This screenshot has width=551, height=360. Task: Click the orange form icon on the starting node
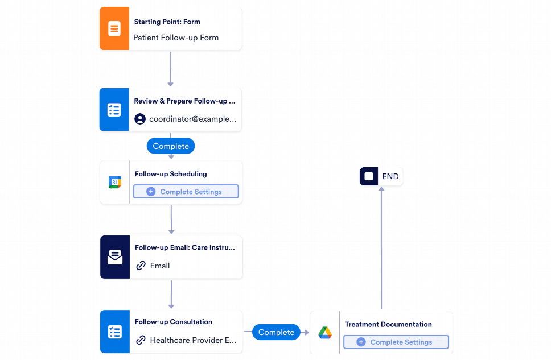[x=114, y=29]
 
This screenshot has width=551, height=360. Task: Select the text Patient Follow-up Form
[x=176, y=38]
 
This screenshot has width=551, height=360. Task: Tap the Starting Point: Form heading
[x=167, y=22]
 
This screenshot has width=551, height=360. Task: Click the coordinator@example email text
[x=192, y=119]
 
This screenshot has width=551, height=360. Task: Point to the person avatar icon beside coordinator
[x=140, y=119]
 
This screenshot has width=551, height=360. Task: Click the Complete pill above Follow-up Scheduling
[x=171, y=146]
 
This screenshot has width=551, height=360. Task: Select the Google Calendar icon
[x=115, y=183]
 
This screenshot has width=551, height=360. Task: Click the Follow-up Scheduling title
[x=171, y=174]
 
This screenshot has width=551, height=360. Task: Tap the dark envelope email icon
[x=115, y=258]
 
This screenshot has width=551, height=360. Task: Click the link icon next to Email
[x=141, y=266]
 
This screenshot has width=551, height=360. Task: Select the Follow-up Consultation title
[x=174, y=322]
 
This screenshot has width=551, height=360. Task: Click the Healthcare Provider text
[x=193, y=340]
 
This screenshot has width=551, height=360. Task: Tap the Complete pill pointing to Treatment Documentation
[x=276, y=332]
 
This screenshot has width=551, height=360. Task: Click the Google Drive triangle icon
[x=325, y=333]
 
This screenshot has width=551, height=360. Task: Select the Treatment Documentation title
[x=388, y=324]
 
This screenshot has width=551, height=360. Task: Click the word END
[x=390, y=176]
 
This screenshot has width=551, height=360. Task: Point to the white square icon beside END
[x=369, y=176]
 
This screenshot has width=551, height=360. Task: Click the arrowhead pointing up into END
[x=381, y=189]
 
